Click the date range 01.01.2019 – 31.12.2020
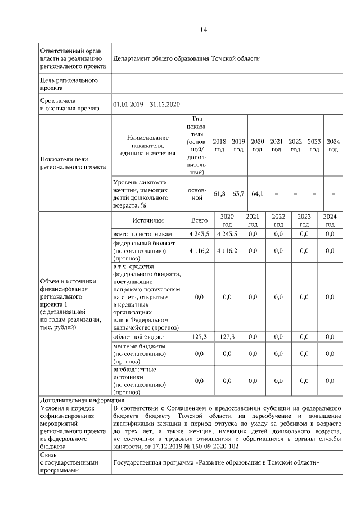click(x=146, y=104)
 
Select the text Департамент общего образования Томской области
click(x=186, y=58)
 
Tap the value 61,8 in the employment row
click(x=219, y=194)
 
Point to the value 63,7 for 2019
click(x=238, y=194)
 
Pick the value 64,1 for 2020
click(x=257, y=194)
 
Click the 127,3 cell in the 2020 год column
click(x=227, y=336)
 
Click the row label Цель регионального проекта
click(x=68, y=84)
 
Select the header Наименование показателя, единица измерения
click(x=147, y=146)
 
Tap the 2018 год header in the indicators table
click(x=219, y=146)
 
